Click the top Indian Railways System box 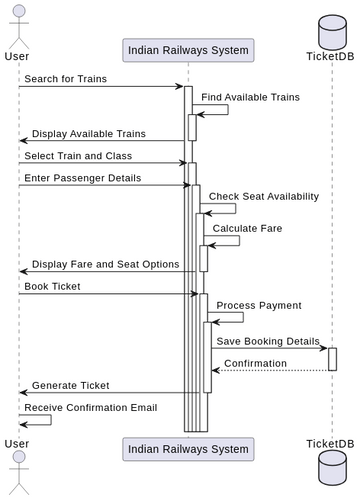[x=188, y=49]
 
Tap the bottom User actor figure [x=17, y=470]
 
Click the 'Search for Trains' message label [x=66, y=79]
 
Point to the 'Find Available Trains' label [x=249, y=97]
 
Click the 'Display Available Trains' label [x=88, y=133]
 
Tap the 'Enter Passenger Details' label [x=83, y=178]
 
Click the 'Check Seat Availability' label [x=264, y=196]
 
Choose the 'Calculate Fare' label [x=247, y=228]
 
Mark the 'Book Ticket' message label [x=53, y=286]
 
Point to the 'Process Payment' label [x=258, y=305]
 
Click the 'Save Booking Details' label [x=268, y=341]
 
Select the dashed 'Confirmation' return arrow [x=270, y=370]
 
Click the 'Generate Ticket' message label [x=71, y=385]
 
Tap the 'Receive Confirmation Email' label [x=92, y=407]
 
